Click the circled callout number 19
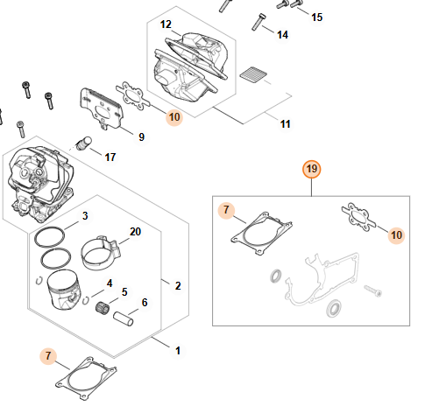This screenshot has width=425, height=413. click(312, 169)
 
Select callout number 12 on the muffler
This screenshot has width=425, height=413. click(166, 24)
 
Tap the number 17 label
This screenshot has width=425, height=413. click(110, 157)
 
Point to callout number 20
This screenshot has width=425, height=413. click(135, 232)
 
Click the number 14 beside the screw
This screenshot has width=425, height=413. click(282, 35)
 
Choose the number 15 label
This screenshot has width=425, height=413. click(317, 17)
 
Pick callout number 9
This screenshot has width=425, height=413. click(141, 136)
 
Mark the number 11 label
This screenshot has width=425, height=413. click(285, 124)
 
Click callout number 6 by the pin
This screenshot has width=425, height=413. click(145, 303)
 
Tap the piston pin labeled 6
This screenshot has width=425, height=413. click(124, 318)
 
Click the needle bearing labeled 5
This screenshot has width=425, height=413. click(103, 308)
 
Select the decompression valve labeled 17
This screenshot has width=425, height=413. click(84, 143)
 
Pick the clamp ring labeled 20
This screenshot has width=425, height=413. click(101, 253)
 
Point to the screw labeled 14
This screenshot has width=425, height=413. click(259, 22)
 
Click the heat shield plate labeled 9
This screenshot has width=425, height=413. click(102, 109)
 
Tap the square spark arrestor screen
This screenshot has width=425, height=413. click(253, 73)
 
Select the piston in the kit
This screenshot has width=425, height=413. click(64, 289)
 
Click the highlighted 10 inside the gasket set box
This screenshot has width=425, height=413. click(396, 235)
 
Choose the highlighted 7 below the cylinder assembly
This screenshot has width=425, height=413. click(48, 356)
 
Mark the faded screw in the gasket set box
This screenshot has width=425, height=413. click(373, 290)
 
